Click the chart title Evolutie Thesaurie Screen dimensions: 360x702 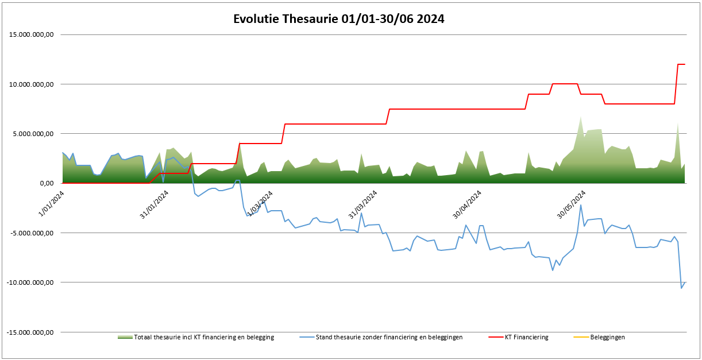point(338,19)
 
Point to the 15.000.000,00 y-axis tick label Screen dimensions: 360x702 point(33,35)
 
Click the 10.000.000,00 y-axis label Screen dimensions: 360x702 point(33,84)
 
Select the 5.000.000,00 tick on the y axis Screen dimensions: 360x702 point(35,134)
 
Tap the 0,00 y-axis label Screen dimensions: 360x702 point(47,184)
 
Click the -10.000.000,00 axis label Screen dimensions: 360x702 point(32,282)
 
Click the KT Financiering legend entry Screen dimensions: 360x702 point(526,338)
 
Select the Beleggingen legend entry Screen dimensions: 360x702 point(607,338)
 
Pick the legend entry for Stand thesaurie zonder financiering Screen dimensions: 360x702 point(389,338)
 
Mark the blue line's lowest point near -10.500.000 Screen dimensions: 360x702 point(681,288)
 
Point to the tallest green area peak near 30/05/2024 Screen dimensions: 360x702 point(581,117)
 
